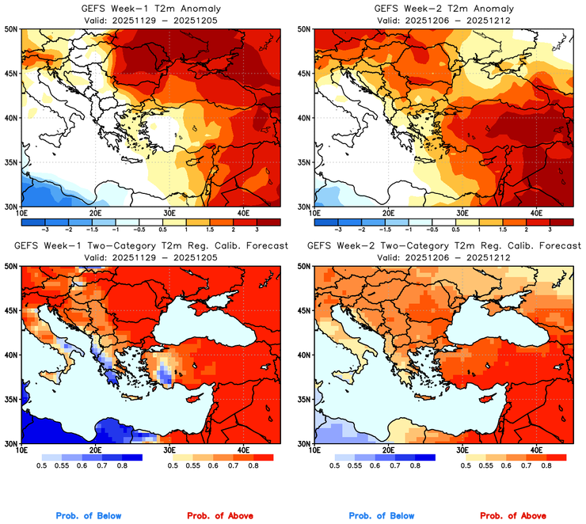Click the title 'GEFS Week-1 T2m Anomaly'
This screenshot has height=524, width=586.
coord(150,8)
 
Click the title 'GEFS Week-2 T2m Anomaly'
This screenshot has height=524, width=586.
coord(443,8)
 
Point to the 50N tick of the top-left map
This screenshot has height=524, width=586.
coord(13,29)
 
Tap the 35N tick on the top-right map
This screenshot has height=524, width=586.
coord(304,162)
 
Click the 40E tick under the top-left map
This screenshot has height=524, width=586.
coord(243,213)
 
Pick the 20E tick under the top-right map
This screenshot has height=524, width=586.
coord(388,213)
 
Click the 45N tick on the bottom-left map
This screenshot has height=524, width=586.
coord(13,310)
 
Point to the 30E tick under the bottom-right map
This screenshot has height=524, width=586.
coord(462,450)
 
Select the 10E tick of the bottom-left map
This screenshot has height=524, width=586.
coord(21,450)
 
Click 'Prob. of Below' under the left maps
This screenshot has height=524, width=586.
coord(89,515)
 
